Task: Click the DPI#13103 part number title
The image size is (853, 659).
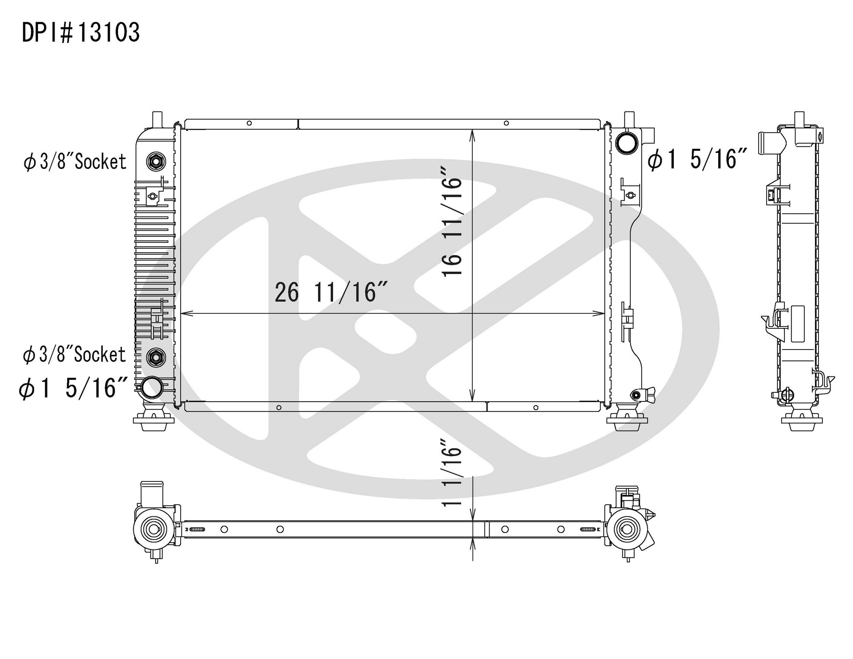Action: coord(81,32)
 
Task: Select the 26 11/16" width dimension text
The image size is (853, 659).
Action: coord(331,292)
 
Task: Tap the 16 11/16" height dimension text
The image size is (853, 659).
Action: coord(452,222)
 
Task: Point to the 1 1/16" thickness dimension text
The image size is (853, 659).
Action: coord(452,472)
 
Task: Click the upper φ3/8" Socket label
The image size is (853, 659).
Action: coord(75,162)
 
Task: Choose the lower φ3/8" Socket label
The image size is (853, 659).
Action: coord(74,355)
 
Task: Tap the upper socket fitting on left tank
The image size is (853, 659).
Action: coord(156,161)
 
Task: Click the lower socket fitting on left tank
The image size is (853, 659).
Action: coord(156,357)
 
